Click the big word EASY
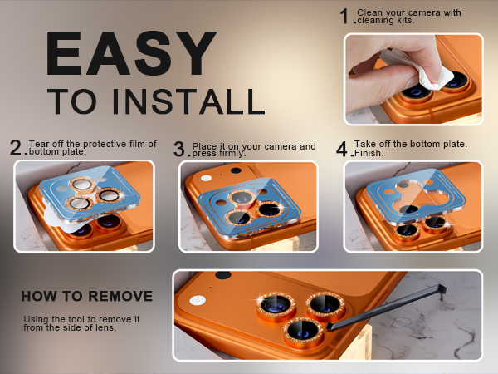131,53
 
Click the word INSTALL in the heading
188,101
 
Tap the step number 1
344,17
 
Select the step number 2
16,148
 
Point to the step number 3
179,149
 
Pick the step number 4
342,149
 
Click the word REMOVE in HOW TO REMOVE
120,296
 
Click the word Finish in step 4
368,153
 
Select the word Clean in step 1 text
369,12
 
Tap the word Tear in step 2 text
37,144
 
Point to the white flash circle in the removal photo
198,300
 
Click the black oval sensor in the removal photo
223,275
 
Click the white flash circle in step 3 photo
206,178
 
